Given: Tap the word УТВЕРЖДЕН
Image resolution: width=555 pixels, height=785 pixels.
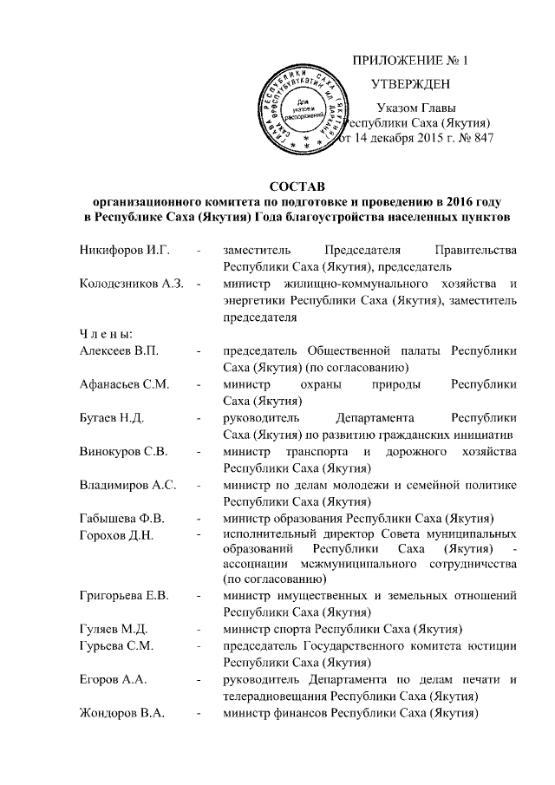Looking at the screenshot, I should [409, 84].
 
